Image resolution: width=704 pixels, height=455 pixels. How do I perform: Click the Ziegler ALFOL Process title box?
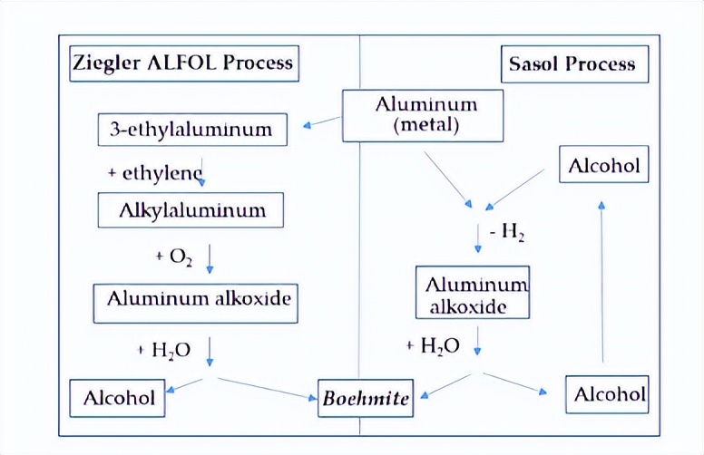coord(184,63)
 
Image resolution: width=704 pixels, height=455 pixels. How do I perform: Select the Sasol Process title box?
coord(574,64)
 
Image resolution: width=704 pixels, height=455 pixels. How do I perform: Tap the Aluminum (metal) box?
coord(422,115)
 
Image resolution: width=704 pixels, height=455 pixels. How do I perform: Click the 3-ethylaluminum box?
coord(191,129)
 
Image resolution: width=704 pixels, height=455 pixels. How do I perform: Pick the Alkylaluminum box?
coord(191,210)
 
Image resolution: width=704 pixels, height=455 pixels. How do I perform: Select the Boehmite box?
coord(365,398)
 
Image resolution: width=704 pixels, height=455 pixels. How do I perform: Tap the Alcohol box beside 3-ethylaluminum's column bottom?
coord(118,398)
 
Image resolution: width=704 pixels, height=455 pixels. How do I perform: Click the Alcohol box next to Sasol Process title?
coord(603,165)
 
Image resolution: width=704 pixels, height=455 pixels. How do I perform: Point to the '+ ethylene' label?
coord(160,172)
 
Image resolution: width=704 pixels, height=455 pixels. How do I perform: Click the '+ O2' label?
coord(173,257)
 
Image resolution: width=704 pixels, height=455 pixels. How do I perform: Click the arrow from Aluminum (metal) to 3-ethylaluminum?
coord(322,121)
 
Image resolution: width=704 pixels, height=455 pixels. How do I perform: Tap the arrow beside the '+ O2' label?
coord(210,257)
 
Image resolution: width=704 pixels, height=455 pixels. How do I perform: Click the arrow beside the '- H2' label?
coord(478,238)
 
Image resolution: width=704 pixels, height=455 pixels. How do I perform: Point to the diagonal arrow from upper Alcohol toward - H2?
coord(517,188)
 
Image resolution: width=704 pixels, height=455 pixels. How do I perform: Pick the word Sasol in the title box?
coord(534,64)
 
